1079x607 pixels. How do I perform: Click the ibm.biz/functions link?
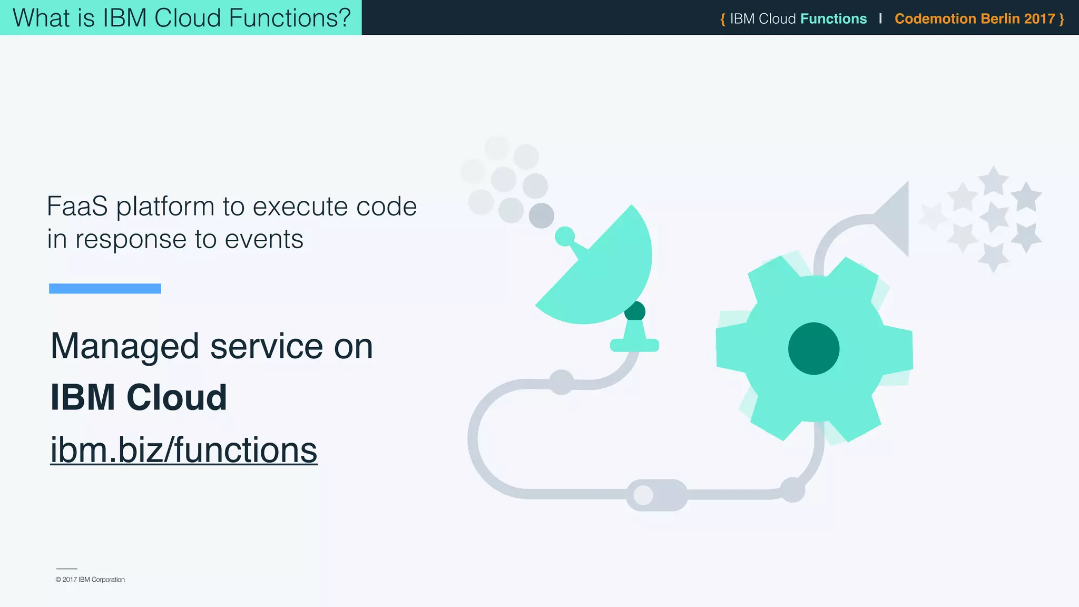point(183,451)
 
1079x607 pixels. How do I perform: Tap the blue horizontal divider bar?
point(105,288)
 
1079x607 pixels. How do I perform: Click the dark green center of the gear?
point(813,348)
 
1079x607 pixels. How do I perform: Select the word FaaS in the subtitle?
point(77,206)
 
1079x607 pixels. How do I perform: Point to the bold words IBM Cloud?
point(139,397)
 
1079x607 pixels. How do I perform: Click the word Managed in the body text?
point(124,347)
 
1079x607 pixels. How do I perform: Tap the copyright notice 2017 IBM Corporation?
point(90,580)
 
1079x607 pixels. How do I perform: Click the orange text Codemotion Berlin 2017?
point(975,19)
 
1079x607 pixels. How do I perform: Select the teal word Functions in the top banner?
point(833,19)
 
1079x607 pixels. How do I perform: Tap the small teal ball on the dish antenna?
point(565,237)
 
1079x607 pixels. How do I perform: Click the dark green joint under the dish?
point(635,311)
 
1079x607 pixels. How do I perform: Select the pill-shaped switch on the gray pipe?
point(656,495)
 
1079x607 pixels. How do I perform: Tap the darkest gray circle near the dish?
point(541,216)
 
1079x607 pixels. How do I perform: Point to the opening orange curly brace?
point(723,19)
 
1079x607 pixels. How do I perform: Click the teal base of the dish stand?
point(634,345)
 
